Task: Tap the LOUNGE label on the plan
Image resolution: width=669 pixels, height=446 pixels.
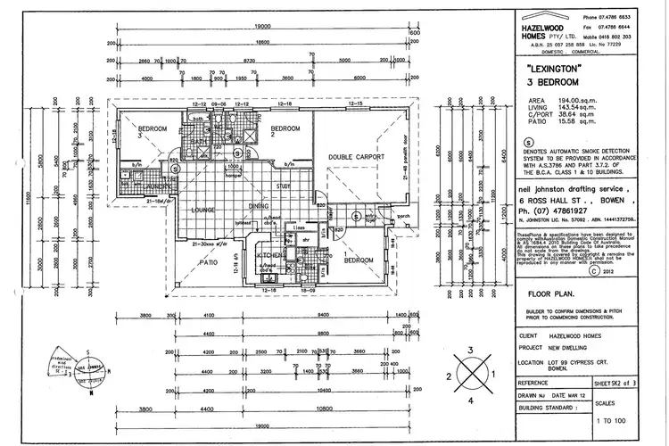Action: click(205, 210)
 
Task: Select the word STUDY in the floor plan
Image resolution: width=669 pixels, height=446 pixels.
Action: click(285, 186)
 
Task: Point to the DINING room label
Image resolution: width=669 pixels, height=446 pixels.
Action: click(260, 207)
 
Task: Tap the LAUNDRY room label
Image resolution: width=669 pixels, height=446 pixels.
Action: click(153, 185)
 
